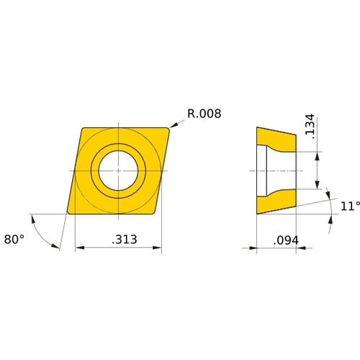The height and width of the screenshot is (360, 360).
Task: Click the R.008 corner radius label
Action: click(x=204, y=114)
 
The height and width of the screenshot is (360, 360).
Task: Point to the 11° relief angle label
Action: click(x=349, y=206)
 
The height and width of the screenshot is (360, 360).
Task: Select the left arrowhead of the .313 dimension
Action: click(x=78, y=248)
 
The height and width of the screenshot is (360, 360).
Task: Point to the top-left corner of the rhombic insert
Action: click(x=81, y=129)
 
